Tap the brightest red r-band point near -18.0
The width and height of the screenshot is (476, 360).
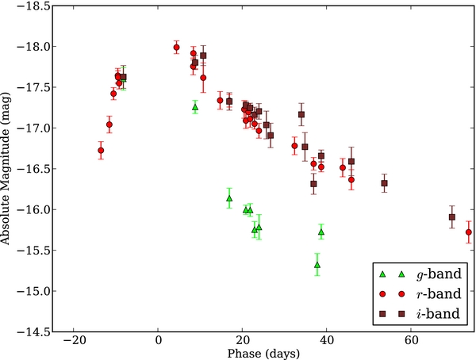176,48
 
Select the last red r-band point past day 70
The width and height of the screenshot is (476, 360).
469,232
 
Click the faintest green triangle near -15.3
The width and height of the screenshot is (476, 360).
317,265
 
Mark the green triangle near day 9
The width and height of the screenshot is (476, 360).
195,106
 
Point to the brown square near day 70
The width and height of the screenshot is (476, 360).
452,216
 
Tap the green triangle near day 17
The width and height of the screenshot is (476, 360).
229,198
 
